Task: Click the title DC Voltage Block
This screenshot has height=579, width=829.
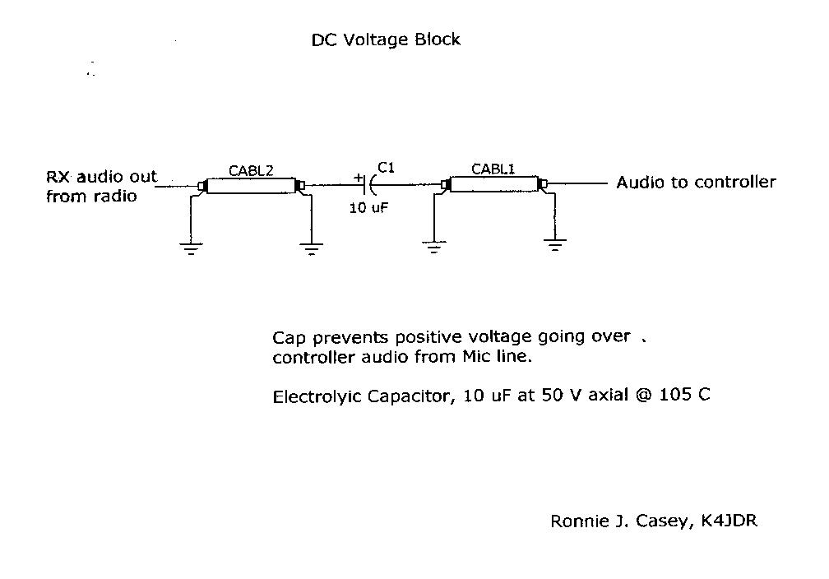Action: click(386, 39)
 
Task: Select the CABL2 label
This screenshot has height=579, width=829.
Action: click(251, 171)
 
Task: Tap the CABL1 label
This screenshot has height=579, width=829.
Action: click(493, 169)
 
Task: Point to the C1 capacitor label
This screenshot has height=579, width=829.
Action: click(386, 168)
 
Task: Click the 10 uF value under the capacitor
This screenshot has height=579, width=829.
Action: click(368, 208)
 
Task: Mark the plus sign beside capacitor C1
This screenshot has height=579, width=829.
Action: click(359, 177)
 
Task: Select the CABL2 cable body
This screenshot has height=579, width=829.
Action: click(251, 187)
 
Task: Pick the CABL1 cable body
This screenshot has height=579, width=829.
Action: click(493, 184)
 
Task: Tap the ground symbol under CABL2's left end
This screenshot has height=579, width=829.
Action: click(191, 248)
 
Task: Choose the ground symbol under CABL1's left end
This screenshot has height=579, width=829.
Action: click(434, 247)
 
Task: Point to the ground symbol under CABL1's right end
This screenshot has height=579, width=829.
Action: click(555, 244)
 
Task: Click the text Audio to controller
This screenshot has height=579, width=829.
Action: click(696, 182)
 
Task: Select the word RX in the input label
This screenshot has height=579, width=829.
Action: click(58, 177)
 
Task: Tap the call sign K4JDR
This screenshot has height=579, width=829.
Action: click(729, 521)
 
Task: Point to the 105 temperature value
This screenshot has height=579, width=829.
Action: click(674, 394)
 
